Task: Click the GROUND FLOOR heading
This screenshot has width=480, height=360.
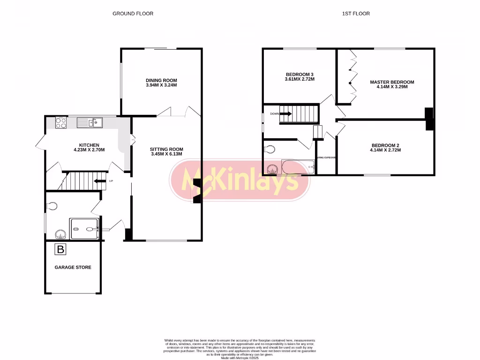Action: coord(133,14)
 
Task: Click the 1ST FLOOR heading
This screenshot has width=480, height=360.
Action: coord(356,14)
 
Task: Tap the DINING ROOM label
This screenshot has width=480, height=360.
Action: coord(161,80)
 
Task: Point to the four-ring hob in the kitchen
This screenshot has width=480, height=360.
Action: coord(61,123)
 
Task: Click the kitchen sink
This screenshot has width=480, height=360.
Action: coord(90,123)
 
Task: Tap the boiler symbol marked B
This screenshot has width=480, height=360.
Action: coord(60,249)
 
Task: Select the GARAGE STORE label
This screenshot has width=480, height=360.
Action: coord(73,267)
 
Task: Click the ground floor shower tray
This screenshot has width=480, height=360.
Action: coord(84,229)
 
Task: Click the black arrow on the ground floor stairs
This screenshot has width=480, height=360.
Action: coord(100,181)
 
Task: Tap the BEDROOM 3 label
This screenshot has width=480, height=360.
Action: coord(299,75)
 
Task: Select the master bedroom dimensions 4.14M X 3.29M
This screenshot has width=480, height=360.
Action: coord(392,87)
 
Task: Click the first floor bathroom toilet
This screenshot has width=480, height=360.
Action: coord(269,150)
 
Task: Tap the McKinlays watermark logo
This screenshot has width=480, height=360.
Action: coord(240,180)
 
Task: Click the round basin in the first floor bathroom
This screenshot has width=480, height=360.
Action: coord(272,168)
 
